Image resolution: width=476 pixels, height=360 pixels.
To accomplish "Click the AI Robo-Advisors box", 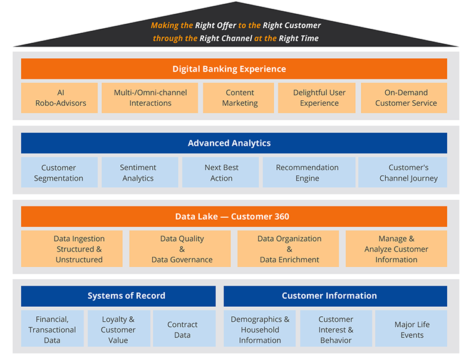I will [x=59, y=98].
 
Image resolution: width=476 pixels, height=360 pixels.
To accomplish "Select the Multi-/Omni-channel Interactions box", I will [x=150, y=98].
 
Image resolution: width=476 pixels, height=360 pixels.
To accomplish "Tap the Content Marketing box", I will [x=239, y=98].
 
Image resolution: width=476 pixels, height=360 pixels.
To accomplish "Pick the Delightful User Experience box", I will [x=319, y=98].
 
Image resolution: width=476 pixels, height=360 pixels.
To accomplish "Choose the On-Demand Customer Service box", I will [x=405, y=98].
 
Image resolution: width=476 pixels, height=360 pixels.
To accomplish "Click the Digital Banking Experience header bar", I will [x=234, y=69].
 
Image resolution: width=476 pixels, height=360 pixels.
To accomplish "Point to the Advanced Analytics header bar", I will [x=234, y=143].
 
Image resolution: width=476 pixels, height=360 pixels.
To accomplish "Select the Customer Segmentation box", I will [x=59, y=173].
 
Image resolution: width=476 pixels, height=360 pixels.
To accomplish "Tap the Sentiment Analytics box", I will [x=138, y=173].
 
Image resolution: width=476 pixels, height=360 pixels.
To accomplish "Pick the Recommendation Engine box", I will [x=308, y=173].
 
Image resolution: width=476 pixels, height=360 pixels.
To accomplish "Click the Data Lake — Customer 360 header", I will [x=234, y=217].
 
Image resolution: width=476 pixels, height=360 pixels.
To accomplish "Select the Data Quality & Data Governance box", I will [x=182, y=249].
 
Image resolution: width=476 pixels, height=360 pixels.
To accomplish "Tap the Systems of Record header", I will [x=118, y=296].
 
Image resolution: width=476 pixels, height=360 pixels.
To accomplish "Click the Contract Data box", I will [x=182, y=329].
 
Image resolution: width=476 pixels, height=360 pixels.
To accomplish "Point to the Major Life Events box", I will [x=411, y=329].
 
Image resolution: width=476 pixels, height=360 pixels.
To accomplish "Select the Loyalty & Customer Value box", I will [x=118, y=329].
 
